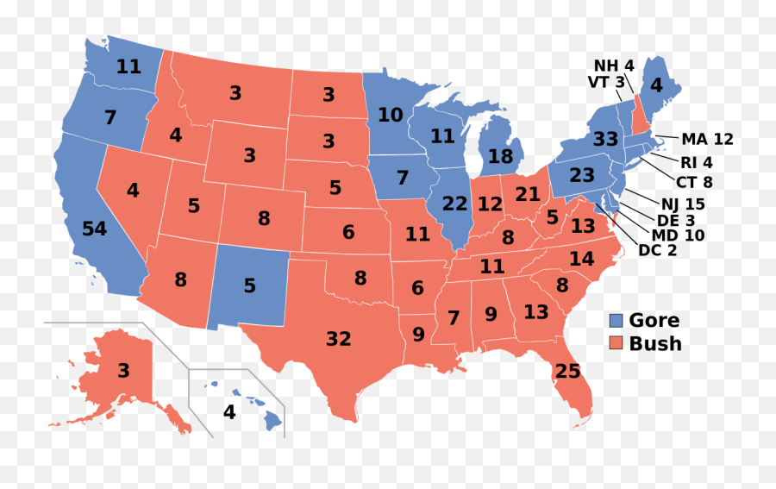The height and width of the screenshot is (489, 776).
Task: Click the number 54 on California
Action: pos(94,229)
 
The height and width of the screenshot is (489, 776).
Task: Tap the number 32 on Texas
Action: pos(338,339)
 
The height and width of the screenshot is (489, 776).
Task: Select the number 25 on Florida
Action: pos(568,373)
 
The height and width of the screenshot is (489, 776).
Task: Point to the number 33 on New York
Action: pos(605,139)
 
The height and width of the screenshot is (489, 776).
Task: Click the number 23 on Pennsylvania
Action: pos(582,175)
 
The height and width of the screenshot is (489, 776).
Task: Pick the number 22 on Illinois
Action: pos(454,204)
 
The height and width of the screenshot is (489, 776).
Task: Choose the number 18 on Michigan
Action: pos(500,157)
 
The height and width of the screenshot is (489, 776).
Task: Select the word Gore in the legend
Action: pos(654,321)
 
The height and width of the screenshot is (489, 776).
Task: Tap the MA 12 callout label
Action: pos(707,139)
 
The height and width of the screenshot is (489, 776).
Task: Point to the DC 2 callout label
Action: pos(657,250)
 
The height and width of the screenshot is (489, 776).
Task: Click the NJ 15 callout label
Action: pos(683,204)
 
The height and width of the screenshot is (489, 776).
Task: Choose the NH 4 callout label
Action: pos(613,66)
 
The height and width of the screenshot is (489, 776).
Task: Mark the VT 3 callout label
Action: pos(607,82)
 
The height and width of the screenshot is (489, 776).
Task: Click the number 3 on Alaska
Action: pos(123,371)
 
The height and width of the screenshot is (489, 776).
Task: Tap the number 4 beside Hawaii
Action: pos(228,412)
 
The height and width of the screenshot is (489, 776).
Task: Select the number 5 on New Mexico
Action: pos(250,285)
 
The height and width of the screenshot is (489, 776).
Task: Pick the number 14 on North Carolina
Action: pos(581,259)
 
